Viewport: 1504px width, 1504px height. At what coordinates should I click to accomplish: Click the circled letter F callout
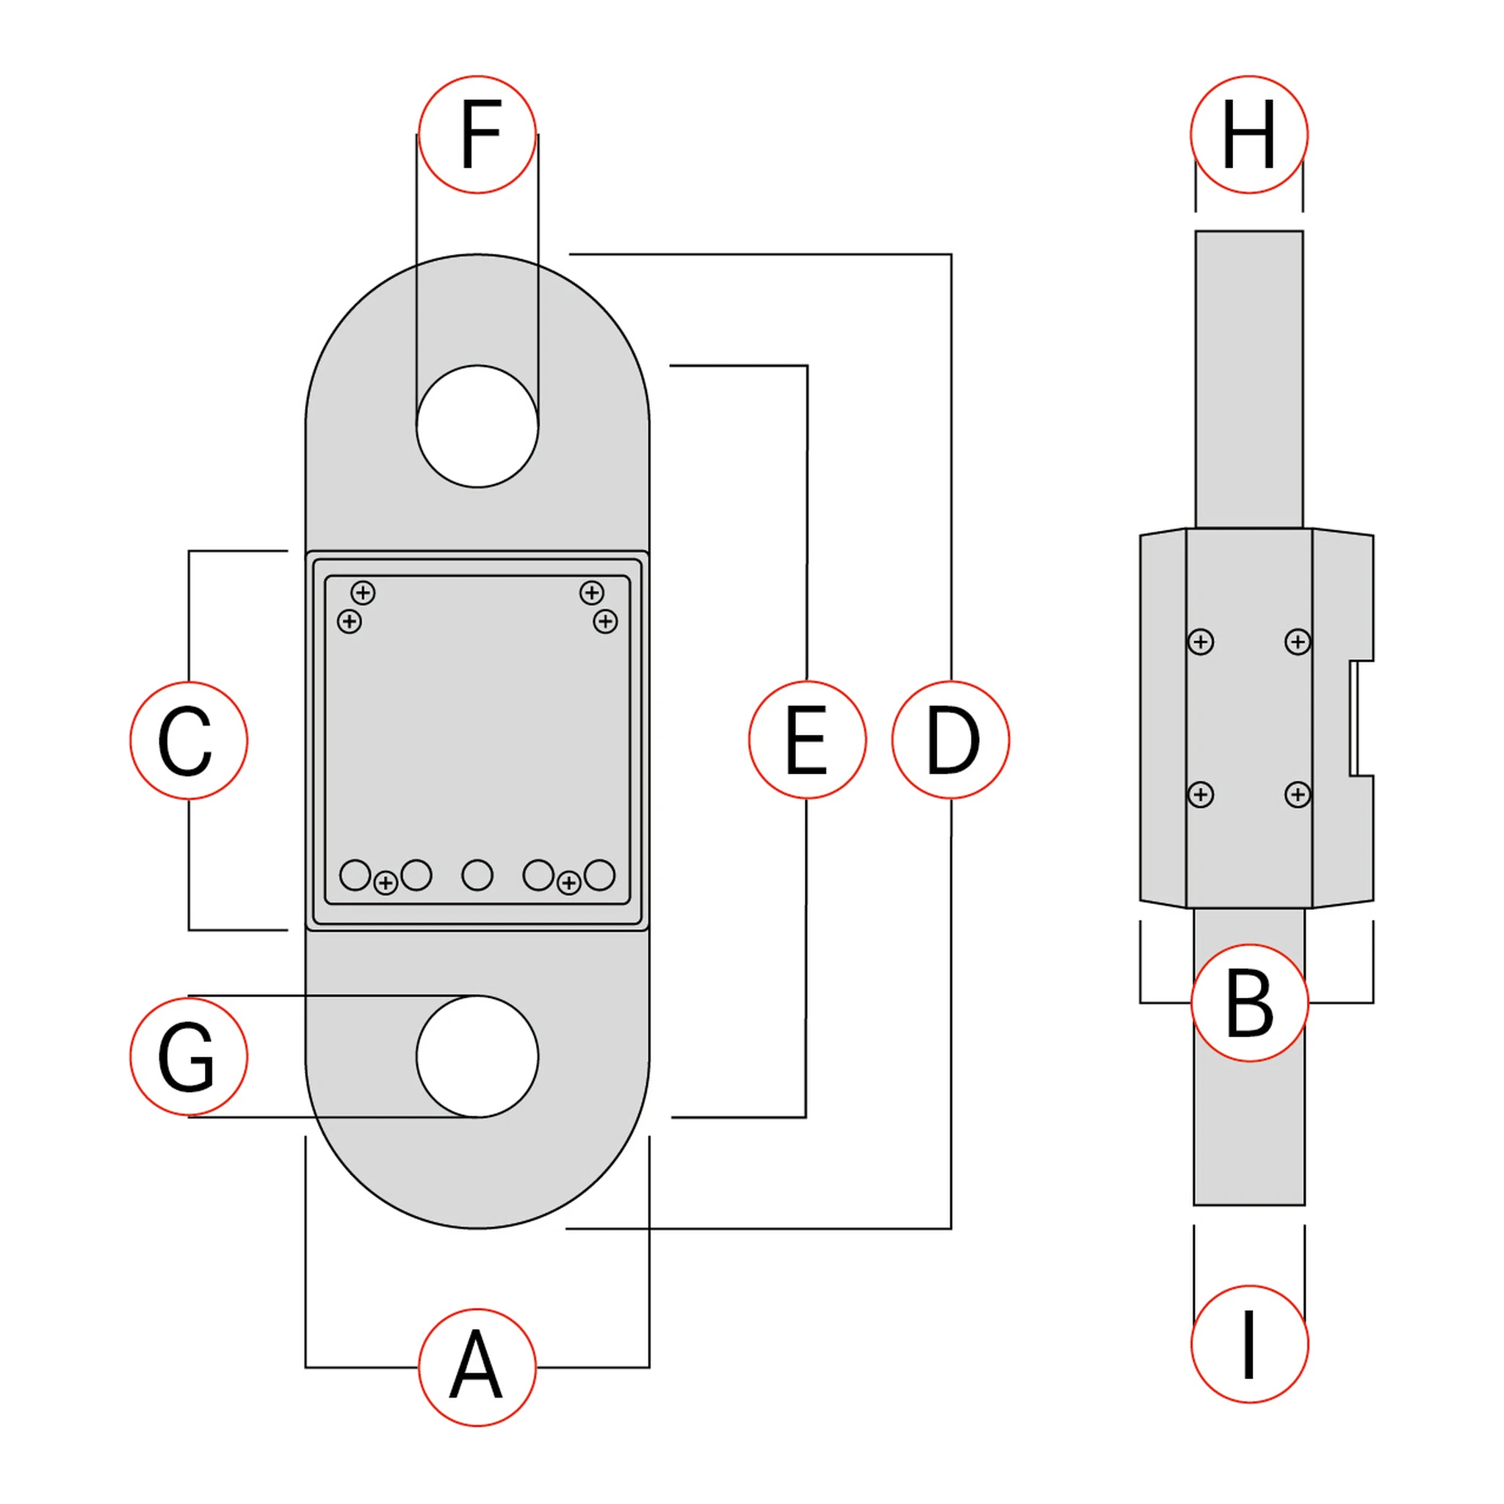(477, 134)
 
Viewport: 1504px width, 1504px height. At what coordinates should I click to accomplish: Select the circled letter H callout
(1248, 134)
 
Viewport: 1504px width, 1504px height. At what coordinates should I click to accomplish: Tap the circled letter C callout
(189, 740)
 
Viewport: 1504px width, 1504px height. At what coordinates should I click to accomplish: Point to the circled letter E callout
(807, 740)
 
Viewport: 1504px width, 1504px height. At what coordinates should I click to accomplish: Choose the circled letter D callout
(950, 740)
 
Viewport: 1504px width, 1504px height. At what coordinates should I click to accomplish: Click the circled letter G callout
(189, 1056)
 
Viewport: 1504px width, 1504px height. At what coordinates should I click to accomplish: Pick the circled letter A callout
(477, 1367)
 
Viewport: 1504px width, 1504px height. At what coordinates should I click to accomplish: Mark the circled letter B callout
(1249, 1002)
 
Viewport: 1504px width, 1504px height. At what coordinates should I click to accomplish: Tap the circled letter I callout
(1249, 1344)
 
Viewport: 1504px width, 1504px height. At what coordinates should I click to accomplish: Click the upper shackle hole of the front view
(477, 427)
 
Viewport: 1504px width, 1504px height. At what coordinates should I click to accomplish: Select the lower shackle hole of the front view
(477, 1056)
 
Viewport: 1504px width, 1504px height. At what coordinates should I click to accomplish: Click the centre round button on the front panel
(477, 875)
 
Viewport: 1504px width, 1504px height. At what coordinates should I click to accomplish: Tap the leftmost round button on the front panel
(355, 875)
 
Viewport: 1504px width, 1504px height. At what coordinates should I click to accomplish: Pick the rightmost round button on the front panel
(599, 875)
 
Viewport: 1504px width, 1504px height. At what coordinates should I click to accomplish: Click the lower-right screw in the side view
(1298, 795)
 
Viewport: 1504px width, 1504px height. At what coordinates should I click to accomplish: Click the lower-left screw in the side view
(1201, 795)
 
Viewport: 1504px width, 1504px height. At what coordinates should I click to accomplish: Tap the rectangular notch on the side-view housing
(1362, 718)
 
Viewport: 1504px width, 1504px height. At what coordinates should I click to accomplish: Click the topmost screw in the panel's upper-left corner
(363, 593)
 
